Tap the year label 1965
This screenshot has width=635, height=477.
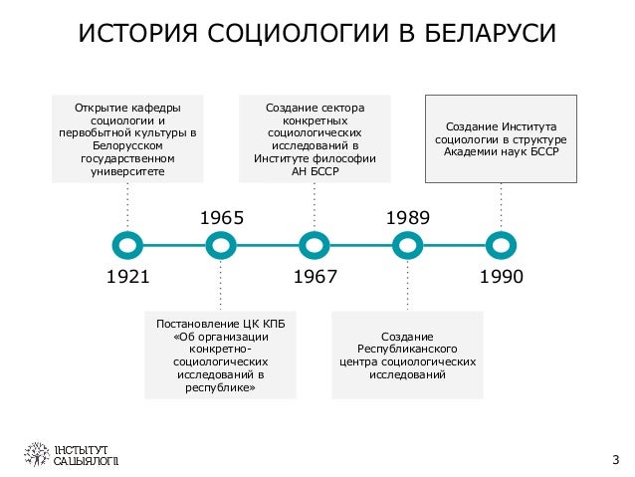222,217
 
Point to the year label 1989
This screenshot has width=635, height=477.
408,217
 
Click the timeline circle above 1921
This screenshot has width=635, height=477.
127,244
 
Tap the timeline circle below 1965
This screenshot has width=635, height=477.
221,244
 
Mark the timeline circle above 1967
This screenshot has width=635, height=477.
315,244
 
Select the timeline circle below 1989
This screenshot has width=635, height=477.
407,244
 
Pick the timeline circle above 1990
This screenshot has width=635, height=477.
501,244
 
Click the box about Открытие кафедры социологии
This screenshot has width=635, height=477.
127,138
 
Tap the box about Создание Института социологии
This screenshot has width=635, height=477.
501,138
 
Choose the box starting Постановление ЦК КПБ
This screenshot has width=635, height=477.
221,356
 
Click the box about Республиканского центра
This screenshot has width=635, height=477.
407,356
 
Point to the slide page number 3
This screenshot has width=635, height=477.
615,459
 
